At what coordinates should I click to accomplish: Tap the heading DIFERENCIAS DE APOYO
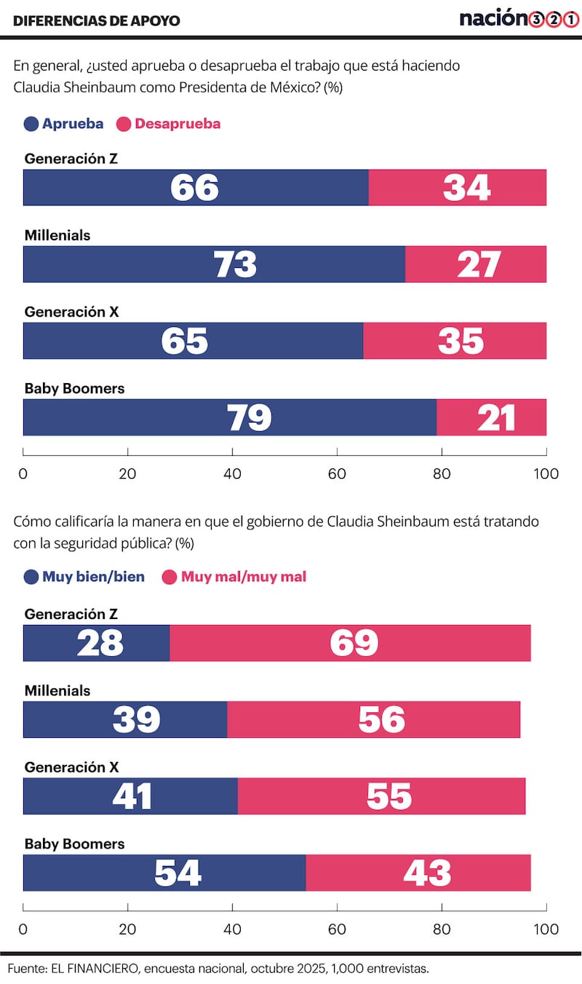point(97,20)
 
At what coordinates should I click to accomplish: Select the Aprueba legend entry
point(64,124)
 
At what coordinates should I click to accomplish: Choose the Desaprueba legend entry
point(168,124)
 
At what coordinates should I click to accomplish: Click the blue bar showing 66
point(196,187)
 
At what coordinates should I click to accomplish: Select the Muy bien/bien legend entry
point(84,577)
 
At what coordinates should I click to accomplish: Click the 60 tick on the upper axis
point(337,473)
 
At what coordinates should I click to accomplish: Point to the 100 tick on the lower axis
point(546,929)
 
